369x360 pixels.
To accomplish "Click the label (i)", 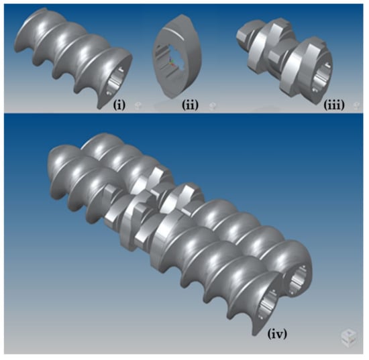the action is point(119,105).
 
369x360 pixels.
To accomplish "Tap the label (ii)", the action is point(190,105).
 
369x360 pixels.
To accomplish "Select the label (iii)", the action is point(334,105).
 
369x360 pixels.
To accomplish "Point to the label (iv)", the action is point(277,334).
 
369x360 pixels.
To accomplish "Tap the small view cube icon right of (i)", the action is point(138,106).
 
